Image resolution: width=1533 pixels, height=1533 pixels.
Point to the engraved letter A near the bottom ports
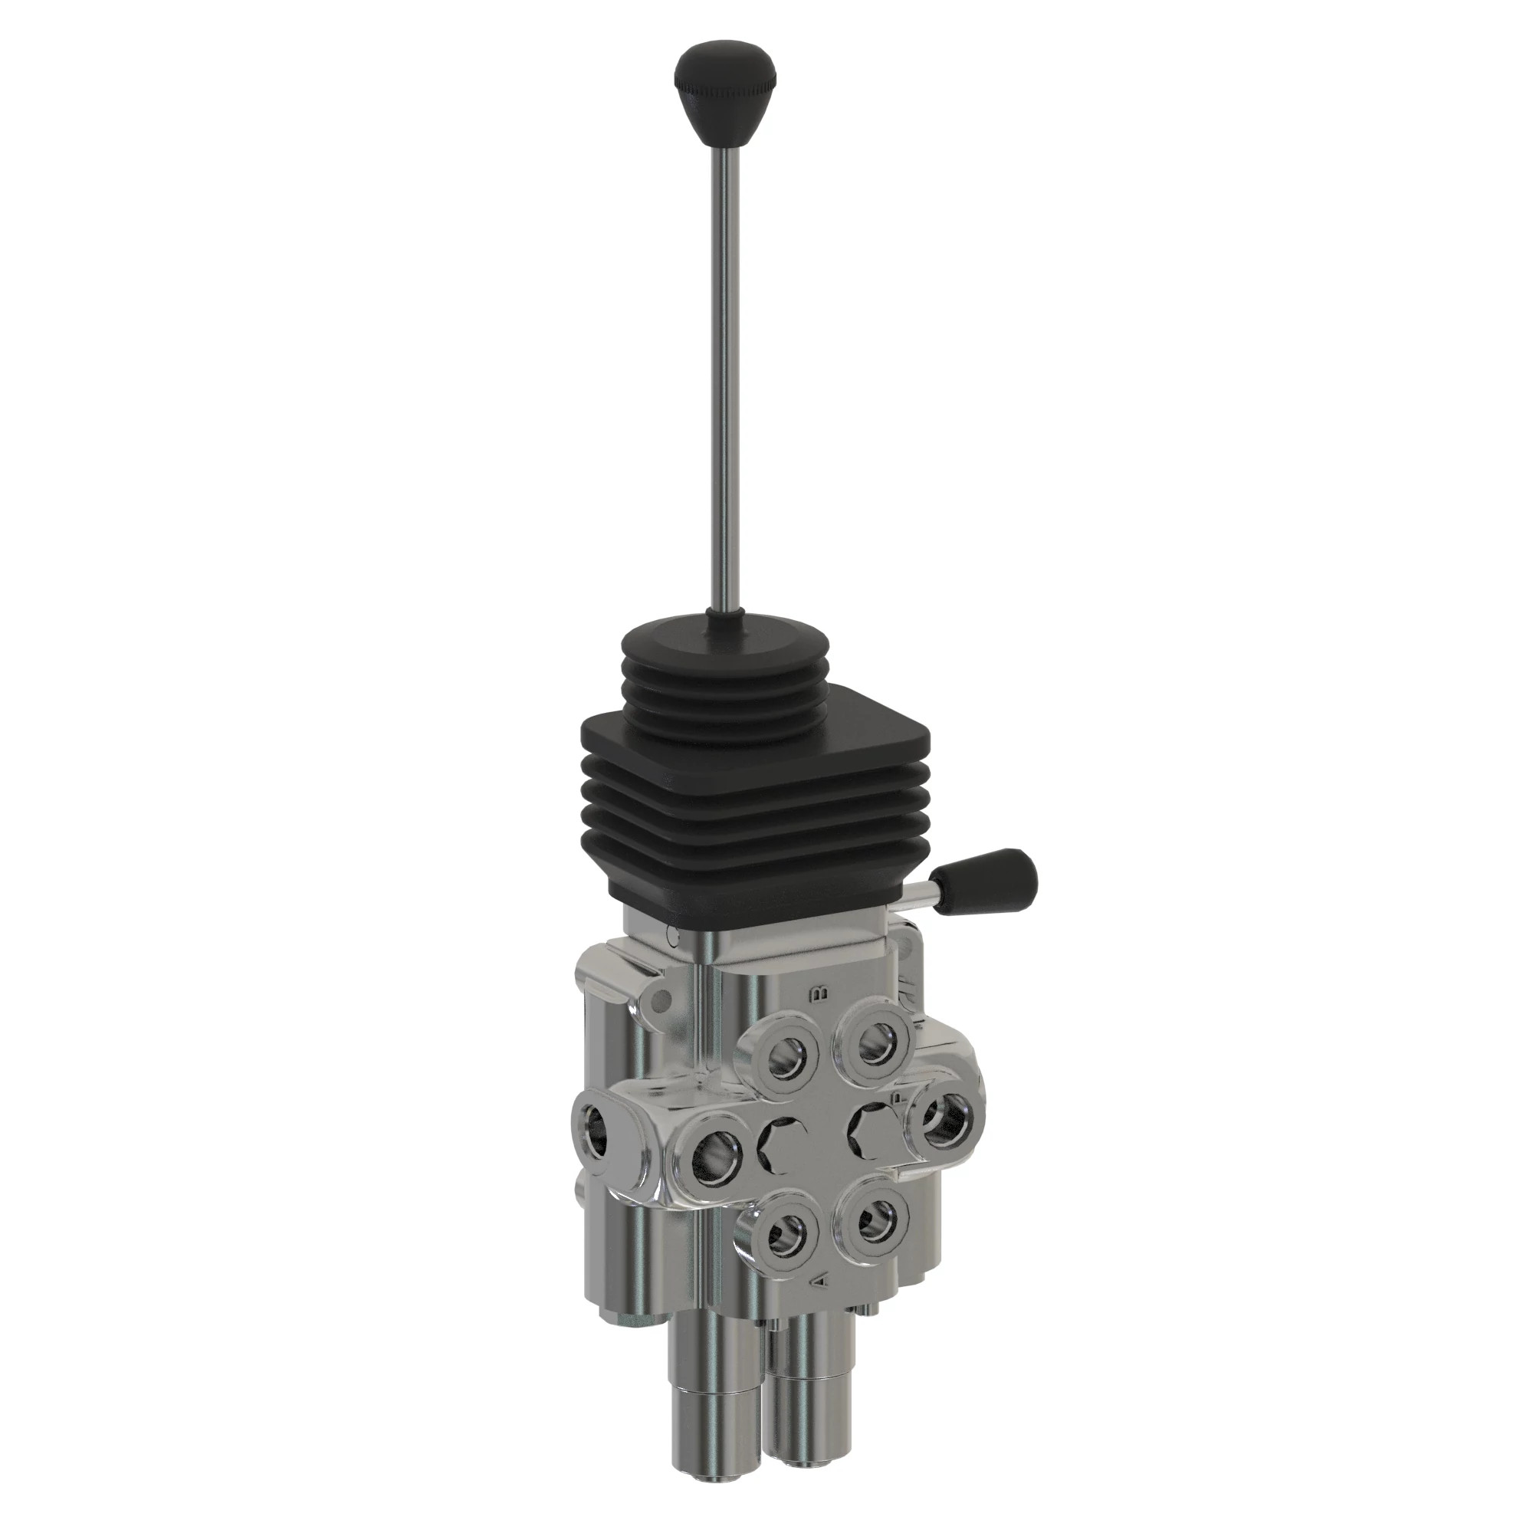click(822, 1282)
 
